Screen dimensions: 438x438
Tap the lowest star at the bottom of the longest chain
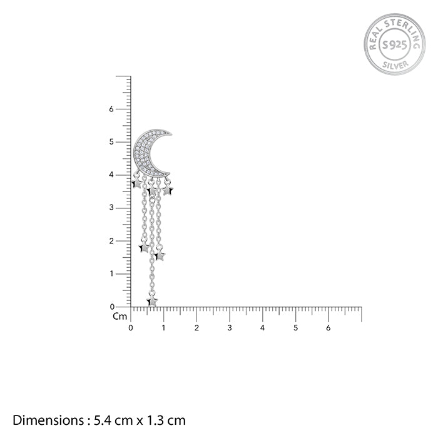click(x=152, y=301)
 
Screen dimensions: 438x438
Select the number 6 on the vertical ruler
click(x=111, y=109)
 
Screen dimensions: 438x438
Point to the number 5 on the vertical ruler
click(x=111, y=142)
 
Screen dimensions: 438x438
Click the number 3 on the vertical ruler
click(x=111, y=208)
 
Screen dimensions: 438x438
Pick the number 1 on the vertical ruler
click(x=111, y=273)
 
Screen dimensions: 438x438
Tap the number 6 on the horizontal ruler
click(x=328, y=328)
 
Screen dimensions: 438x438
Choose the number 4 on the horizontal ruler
click(x=263, y=328)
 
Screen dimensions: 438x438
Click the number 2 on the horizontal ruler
click(x=196, y=328)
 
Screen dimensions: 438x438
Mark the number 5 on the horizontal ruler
click(x=295, y=328)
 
